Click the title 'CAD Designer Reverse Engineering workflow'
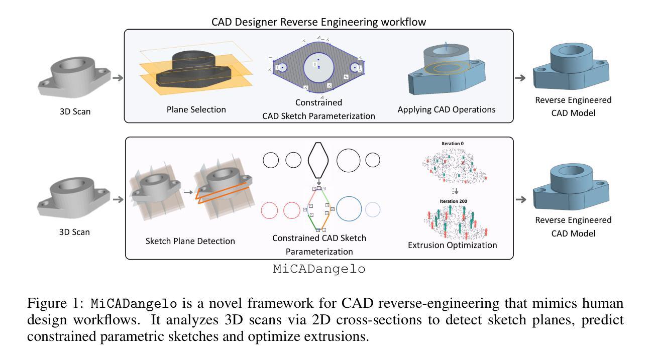tap(318, 22)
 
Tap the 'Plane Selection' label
tap(196, 109)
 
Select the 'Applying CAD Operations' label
tap(447, 109)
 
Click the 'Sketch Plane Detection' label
tap(190, 241)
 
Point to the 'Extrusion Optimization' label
tap(453, 245)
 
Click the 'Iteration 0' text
tap(452, 144)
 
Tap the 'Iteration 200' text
tap(453, 201)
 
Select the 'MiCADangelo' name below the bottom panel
tap(319, 269)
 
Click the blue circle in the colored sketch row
tap(349, 209)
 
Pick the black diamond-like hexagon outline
tap(318, 160)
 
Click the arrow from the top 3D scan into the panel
tap(118, 78)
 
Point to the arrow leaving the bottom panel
tap(521, 199)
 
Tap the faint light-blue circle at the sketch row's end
tap(373, 209)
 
